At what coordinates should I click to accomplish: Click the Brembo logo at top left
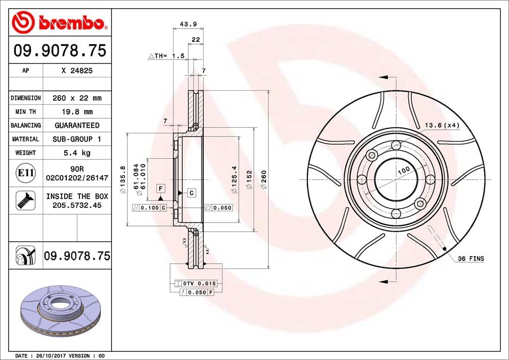click(60, 22)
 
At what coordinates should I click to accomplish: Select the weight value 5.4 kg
click(77, 153)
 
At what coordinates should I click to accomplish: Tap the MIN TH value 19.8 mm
click(77, 112)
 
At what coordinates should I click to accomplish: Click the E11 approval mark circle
click(25, 173)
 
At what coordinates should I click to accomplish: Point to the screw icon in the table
click(24, 200)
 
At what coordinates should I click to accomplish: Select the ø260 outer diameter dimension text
click(264, 179)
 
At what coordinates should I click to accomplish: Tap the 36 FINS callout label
click(470, 259)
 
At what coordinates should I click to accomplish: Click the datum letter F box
click(160, 188)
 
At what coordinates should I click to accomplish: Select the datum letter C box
click(191, 192)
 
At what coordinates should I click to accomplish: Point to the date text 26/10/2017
click(50, 355)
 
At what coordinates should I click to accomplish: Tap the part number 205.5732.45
click(77, 205)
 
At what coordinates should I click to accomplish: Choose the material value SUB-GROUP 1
click(77, 139)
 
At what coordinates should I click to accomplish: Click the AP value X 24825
click(77, 71)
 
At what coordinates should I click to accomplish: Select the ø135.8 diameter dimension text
click(123, 179)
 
